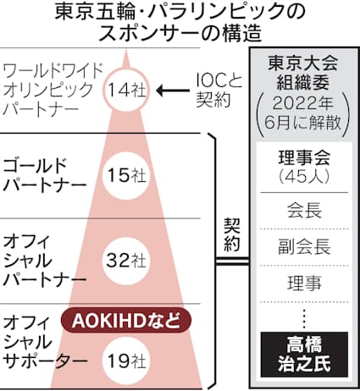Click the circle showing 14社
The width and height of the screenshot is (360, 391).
click(x=126, y=91)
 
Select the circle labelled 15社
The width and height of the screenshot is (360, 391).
click(x=125, y=176)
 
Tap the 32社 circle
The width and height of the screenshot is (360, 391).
click(x=125, y=261)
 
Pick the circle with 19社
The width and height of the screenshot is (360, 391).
click(x=125, y=361)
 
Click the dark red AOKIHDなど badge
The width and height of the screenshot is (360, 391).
click(x=126, y=321)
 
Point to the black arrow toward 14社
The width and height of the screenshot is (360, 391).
click(x=173, y=91)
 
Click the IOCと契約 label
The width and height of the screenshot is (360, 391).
click(x=219, y=91)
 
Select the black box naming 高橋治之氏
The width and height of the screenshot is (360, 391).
click(x=304, y=355)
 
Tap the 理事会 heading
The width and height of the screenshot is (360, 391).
click(x=304, y=157)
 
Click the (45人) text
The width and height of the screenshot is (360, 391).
click(x=304, y=177)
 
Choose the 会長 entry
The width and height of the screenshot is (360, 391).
click(x=304, y=211)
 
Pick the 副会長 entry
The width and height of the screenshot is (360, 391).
click(x=304, y=247)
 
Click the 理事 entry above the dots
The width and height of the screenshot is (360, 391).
click(x=304, y=283)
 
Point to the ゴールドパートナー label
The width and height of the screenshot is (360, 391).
click(x=44, y=175)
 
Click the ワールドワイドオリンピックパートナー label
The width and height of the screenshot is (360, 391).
click(x=53, y=91)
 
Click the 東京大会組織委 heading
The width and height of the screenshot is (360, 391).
click(x=303, y=74)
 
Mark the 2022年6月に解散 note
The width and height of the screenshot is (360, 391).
click(x=303, y=114)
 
